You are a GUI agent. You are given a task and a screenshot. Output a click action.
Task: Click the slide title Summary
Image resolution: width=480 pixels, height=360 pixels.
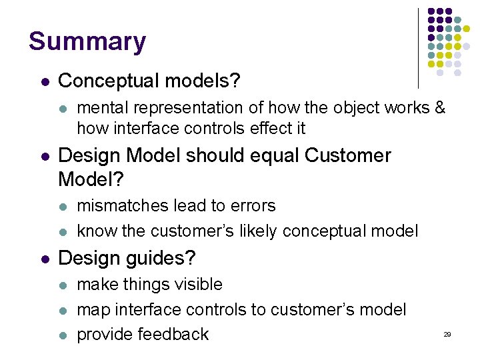[87, 41]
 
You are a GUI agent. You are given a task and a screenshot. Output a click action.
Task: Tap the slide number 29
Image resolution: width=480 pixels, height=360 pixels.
[447, 334]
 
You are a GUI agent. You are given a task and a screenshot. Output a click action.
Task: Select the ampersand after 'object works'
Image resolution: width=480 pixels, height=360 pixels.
[439, 107]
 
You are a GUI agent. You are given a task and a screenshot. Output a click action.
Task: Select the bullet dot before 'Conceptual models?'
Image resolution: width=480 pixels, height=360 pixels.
[44, 82]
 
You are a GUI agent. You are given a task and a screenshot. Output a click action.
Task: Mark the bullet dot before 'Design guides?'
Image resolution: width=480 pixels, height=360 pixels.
[44, 259]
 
